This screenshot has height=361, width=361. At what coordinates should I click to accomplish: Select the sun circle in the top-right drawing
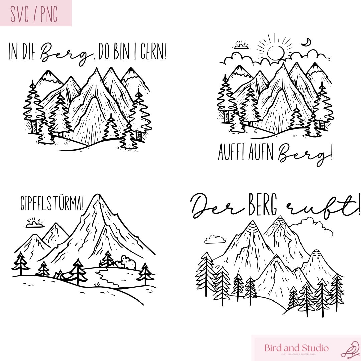pos(275,53)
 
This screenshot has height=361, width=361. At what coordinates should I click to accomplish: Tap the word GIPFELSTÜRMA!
pos(52,203)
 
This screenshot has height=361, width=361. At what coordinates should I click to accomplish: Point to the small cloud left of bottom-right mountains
pos(215,239)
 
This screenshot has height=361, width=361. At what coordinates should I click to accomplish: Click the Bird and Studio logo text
pos(296,348)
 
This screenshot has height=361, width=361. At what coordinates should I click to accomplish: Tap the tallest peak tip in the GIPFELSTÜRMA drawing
pos(97,195)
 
